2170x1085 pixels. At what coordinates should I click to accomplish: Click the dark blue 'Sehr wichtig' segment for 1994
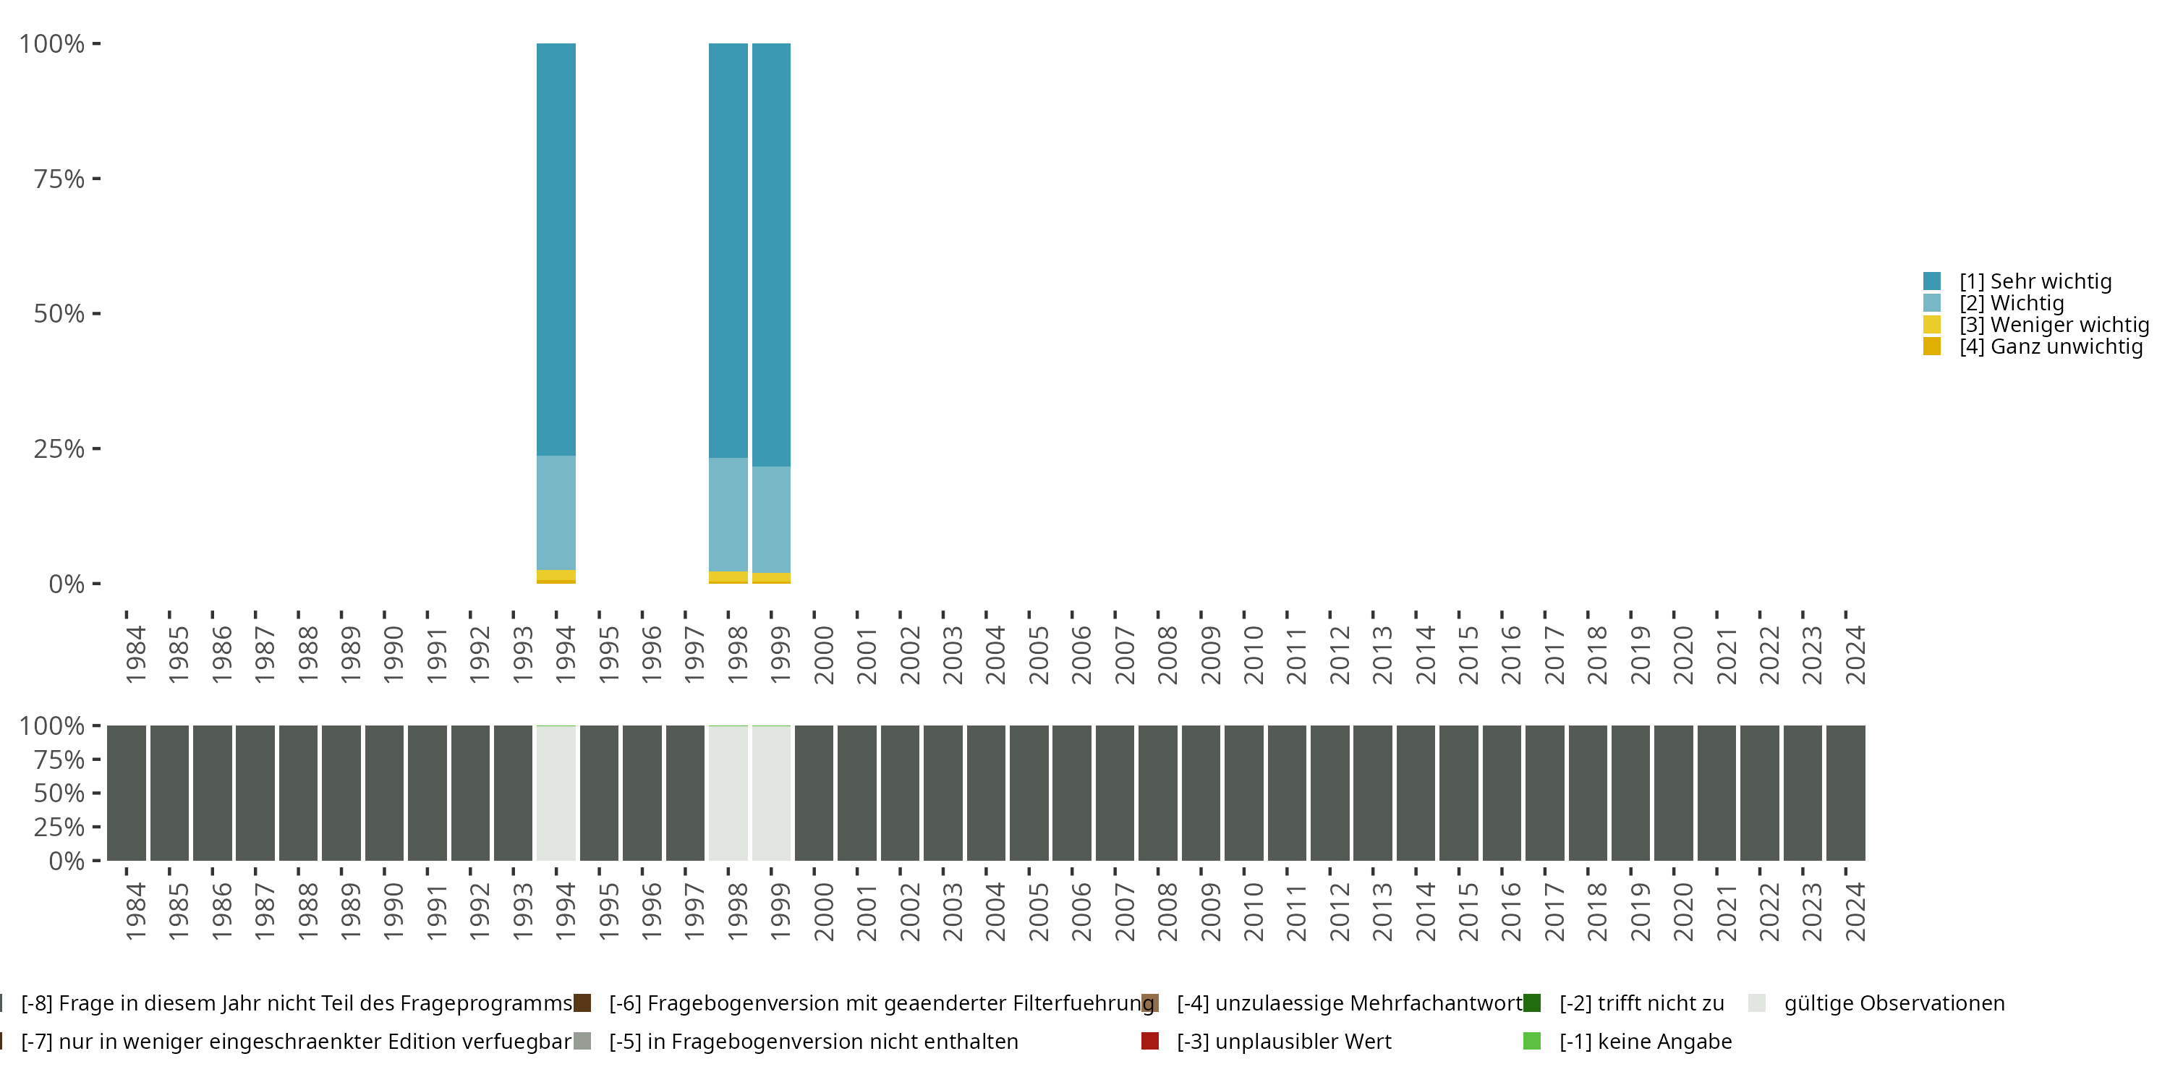click(556, 250)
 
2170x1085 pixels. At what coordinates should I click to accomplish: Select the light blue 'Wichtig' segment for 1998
click(728, 514)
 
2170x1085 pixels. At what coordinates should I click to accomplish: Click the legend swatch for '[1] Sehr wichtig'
click(1931, 281)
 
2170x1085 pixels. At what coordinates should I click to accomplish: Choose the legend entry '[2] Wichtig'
click(2011, 303)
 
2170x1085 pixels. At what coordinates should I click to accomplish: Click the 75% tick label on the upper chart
click(59, 179)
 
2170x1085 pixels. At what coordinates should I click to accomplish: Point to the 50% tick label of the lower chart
click(59, 793)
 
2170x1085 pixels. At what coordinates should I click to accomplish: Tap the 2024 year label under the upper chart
click(1855, 655)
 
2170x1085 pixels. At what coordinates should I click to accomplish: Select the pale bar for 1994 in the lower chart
click(556, 793)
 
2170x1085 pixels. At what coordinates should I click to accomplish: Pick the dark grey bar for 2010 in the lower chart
click(1243, 793)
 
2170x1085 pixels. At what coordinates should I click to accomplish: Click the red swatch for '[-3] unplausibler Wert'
click(1150, 1041)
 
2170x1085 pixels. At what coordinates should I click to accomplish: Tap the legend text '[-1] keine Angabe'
click(1645, 1041)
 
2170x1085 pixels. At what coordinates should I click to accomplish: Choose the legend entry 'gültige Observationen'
click(1894, 1003)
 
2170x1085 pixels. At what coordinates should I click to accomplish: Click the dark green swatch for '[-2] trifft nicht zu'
click(1531, 1003)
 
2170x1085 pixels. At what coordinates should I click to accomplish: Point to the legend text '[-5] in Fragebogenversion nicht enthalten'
click(813, 1041)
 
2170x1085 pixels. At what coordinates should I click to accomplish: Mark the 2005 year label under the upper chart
click(1039, 655)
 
